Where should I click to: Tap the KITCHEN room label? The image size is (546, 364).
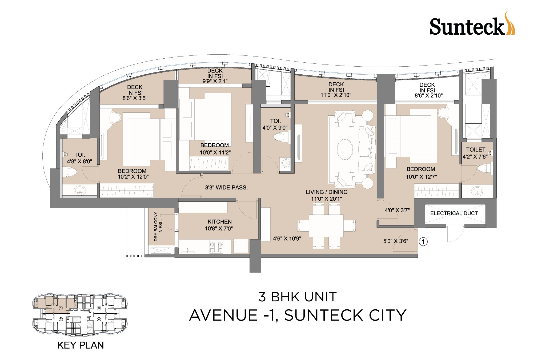coord(219,222)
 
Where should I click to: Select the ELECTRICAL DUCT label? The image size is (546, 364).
coord(454,213)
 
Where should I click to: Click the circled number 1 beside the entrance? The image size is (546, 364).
coord(423,242)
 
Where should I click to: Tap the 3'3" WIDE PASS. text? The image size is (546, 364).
coord(226,188)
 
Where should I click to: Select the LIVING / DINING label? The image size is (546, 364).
coord(327,192)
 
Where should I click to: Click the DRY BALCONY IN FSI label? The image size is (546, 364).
coord(158,227)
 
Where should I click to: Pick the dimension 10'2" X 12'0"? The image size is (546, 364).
coord(133,177)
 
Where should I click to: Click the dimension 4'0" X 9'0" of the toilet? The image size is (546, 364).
coord(275,128)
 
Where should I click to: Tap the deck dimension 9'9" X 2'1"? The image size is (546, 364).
coord(215,81)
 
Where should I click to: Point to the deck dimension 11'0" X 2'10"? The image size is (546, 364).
coord(336,95)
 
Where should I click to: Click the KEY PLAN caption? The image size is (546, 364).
coord(81,345)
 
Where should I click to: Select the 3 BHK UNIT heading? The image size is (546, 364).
coord(297,297)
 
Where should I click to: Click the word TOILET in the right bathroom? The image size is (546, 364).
coord(476,150)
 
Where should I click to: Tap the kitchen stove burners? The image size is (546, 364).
coord(216,247)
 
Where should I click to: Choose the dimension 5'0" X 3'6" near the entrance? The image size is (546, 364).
coord(396,241)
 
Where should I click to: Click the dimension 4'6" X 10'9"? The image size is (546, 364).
coord(287,239)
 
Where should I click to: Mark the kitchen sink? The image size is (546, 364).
coord(188,247)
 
